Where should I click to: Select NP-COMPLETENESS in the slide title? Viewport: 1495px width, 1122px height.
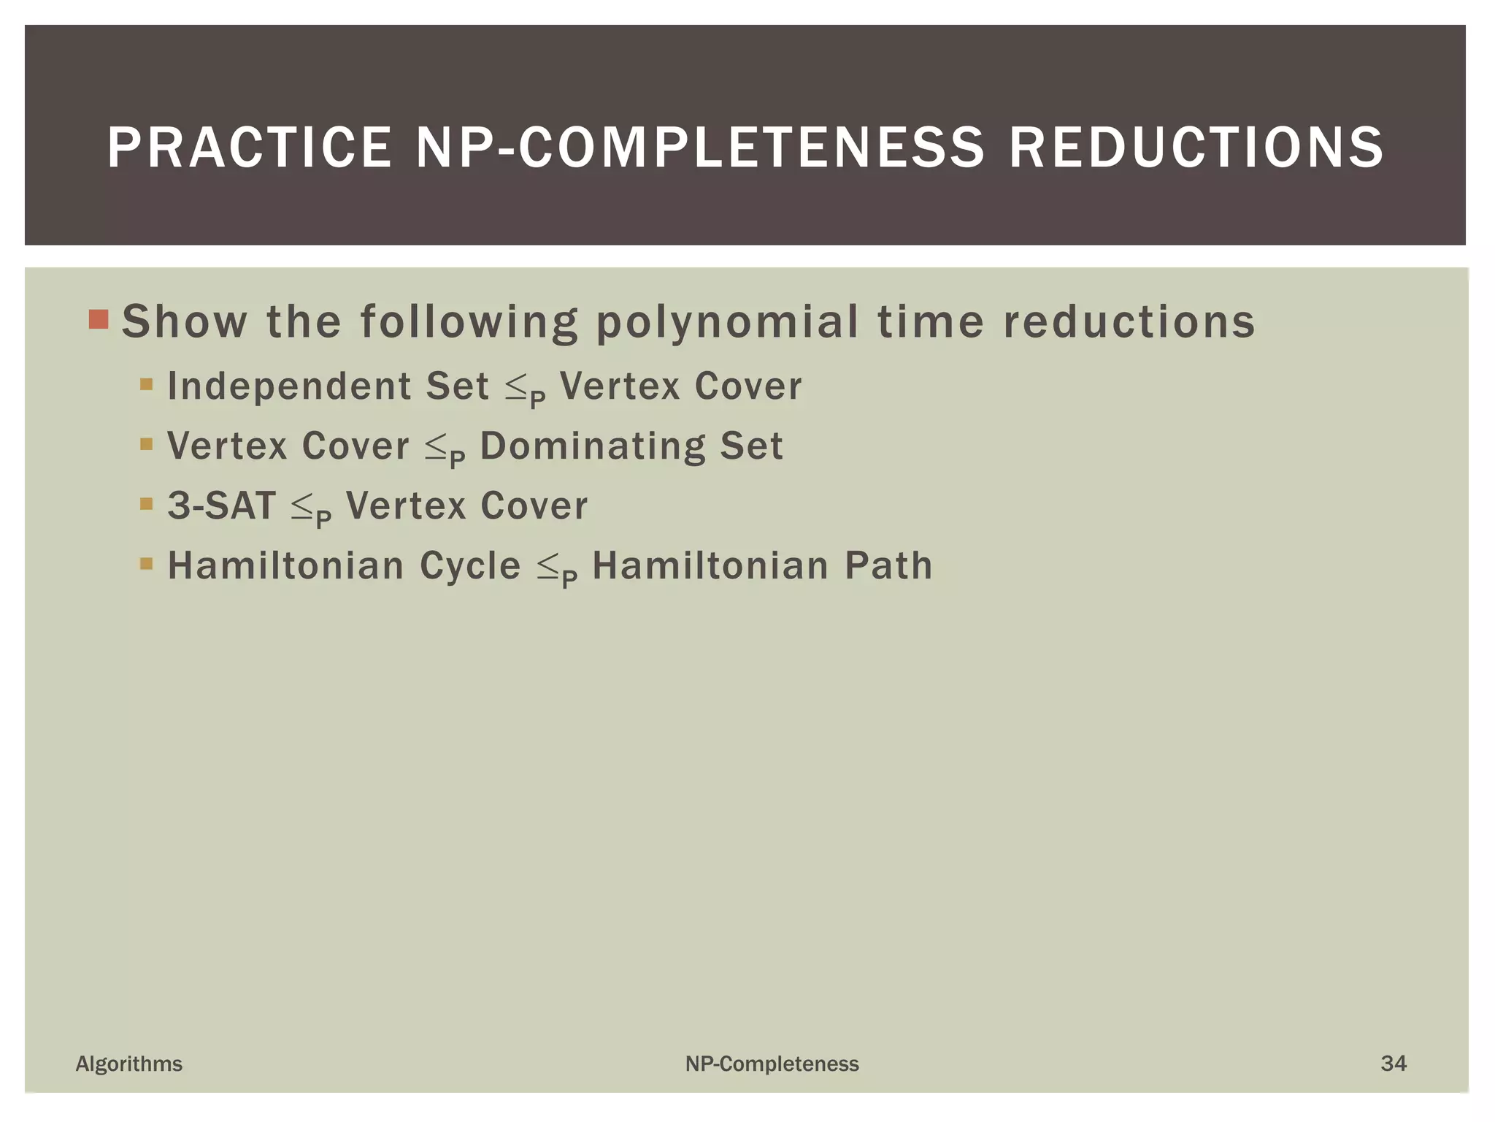(x=700, y=148)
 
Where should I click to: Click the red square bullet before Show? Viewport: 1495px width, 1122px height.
(x=99, y=319)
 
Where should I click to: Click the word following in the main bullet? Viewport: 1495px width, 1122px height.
(x=469, y=321)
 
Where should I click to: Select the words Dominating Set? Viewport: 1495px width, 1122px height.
(x=631, y=446)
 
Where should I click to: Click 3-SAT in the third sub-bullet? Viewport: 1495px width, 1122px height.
(x=222, y=505)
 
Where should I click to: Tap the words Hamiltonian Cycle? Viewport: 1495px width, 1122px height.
(x=344, y=565)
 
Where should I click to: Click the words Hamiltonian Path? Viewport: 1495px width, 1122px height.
(x=762, y=565)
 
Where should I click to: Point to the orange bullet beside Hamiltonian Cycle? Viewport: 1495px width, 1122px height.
(x=147, y=563)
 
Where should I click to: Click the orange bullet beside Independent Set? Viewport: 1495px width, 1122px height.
(x=147, y=383)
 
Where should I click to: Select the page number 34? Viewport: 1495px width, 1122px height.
(x=1394, y=1063)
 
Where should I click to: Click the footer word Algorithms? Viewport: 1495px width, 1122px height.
(x=129, y=1064)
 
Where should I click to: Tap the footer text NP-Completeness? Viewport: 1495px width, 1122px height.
(x=772, y=1064)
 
